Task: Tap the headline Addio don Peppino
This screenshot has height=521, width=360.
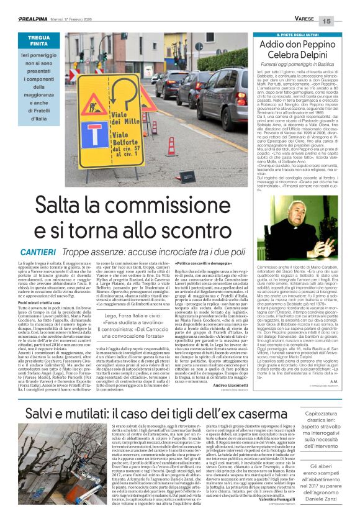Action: [304, 47]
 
